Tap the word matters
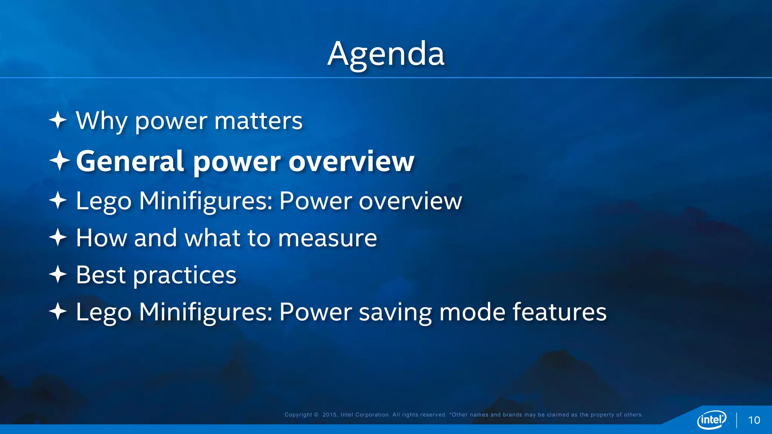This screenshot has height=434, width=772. (x=258, y=121)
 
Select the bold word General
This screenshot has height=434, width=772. (x=130, y=161)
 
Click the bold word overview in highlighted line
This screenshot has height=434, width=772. (x=351, y=161)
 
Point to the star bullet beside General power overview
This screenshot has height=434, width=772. (x=59, y=160)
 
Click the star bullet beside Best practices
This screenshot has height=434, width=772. (x=58, y=274)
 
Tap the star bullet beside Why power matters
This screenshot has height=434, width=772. (x=58, y=121)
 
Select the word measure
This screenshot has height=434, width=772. (x=327, y=238)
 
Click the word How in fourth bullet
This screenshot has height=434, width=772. (x=101, y=238)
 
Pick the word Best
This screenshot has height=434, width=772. (x=101, y=275)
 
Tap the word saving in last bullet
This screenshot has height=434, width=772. (x=395, y=313)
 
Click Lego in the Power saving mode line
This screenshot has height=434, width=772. (x=104, y=313)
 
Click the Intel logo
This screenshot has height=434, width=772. (x=712, y=419)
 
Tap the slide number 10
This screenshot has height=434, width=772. (x=754, y=420)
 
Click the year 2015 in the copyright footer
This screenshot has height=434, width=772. (x=329, y=415)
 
